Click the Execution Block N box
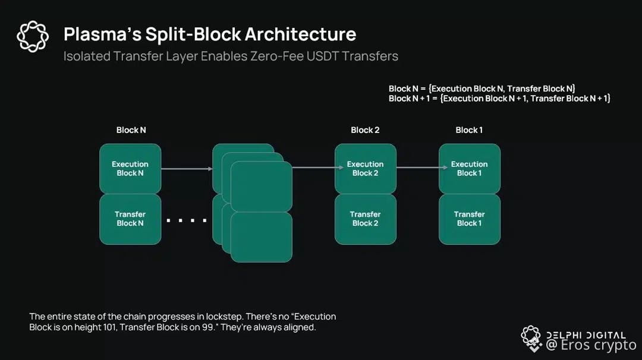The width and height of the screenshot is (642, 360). (130, 169)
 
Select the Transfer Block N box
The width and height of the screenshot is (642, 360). (130, 219)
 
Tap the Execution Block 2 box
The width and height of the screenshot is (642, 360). (365, 169)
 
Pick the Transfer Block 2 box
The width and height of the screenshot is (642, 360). (365, 219)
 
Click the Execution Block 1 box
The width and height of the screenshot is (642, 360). (469, 169)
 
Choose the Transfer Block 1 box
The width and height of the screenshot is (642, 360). (469, 219)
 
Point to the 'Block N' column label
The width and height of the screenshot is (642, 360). (131, 130)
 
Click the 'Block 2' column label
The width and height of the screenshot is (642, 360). (365, 130)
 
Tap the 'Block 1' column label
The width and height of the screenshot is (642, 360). (469, 130)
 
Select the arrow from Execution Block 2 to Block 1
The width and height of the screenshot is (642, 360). (417, 168)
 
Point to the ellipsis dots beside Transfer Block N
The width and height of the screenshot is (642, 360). (187, 221)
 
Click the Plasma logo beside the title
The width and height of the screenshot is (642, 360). (33, 36)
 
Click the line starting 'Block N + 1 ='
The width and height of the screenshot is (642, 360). (499, 99)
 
